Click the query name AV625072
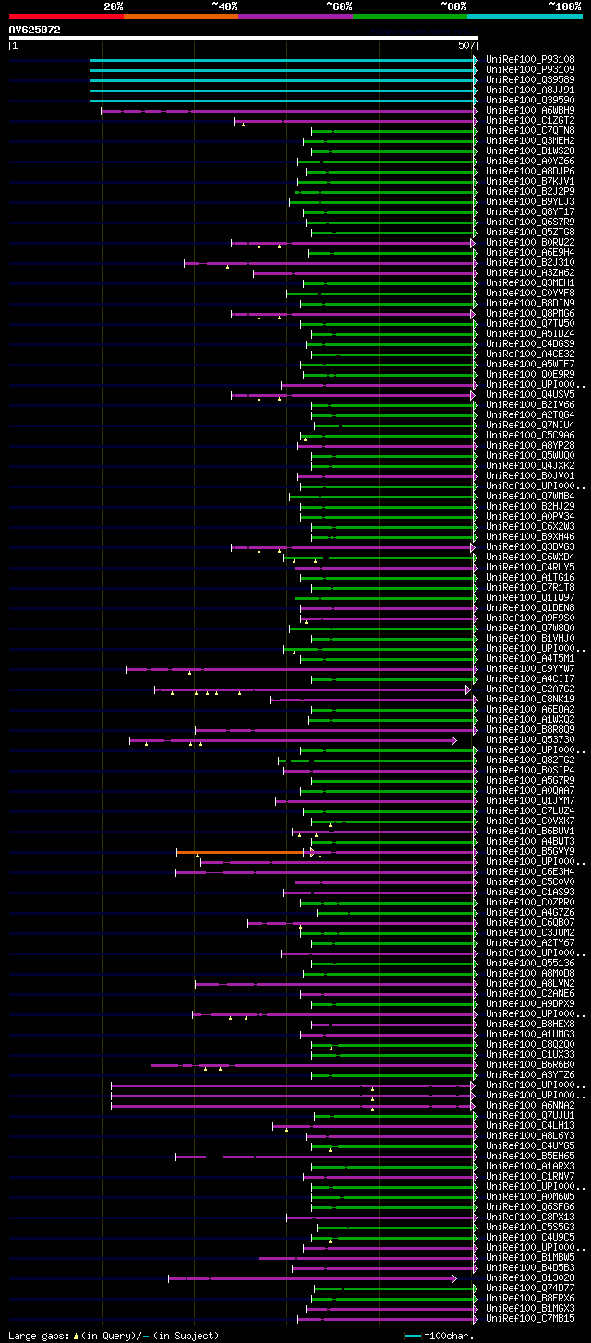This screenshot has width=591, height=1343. [35, 30]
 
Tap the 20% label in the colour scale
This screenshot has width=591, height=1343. [114, 6]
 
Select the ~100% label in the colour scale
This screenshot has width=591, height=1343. [564, 6]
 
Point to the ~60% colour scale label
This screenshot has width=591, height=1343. [339, 6]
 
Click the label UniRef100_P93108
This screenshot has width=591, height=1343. [529, 60]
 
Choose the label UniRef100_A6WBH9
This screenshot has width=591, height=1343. [529, 111]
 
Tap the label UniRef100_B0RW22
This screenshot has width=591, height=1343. [529, 243]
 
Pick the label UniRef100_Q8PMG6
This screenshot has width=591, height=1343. [529, 314]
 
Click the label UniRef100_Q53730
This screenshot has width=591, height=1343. [529, 740]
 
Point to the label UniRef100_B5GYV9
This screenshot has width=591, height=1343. [529, 852]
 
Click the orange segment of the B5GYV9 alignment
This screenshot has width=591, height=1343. [240, 852]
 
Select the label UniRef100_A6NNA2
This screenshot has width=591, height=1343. [529, 1106]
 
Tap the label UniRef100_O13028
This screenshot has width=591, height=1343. [529, 1278]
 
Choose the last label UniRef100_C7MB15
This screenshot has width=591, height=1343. [529, 1319]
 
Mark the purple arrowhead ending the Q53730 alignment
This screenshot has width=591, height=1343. [454, 740]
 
